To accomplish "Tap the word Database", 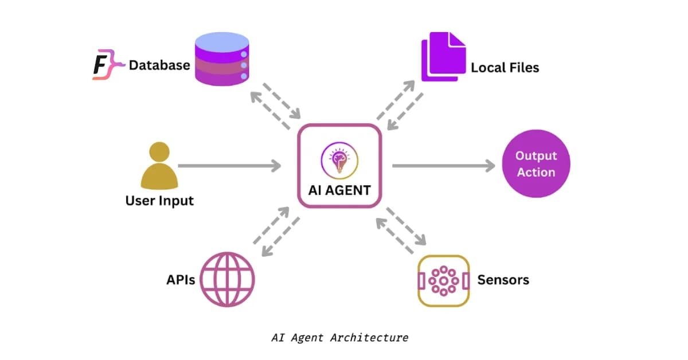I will [x=159, y=65].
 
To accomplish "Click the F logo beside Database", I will [x=104, y=65].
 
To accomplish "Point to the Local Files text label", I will [x=505, y=68].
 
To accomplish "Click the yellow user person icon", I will [x=158, y=166].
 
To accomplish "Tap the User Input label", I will [x=159, y=201].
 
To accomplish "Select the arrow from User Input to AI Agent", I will [x=229, y=166].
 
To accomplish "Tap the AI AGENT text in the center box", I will [x=339, y=190].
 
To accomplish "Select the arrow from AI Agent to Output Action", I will [x=443, y=166].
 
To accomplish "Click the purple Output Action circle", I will [x=535, y=164].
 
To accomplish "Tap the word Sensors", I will [x=503, y=280].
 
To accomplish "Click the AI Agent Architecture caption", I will [x=339, y=338].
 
